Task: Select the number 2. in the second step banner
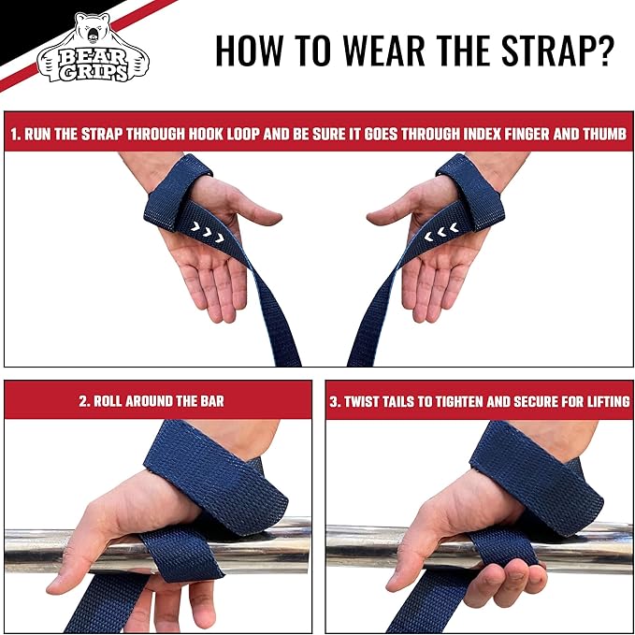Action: point(85,401)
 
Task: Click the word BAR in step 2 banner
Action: point(210,401)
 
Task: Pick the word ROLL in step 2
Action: point(113,401)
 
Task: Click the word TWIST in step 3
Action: point(367,401)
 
